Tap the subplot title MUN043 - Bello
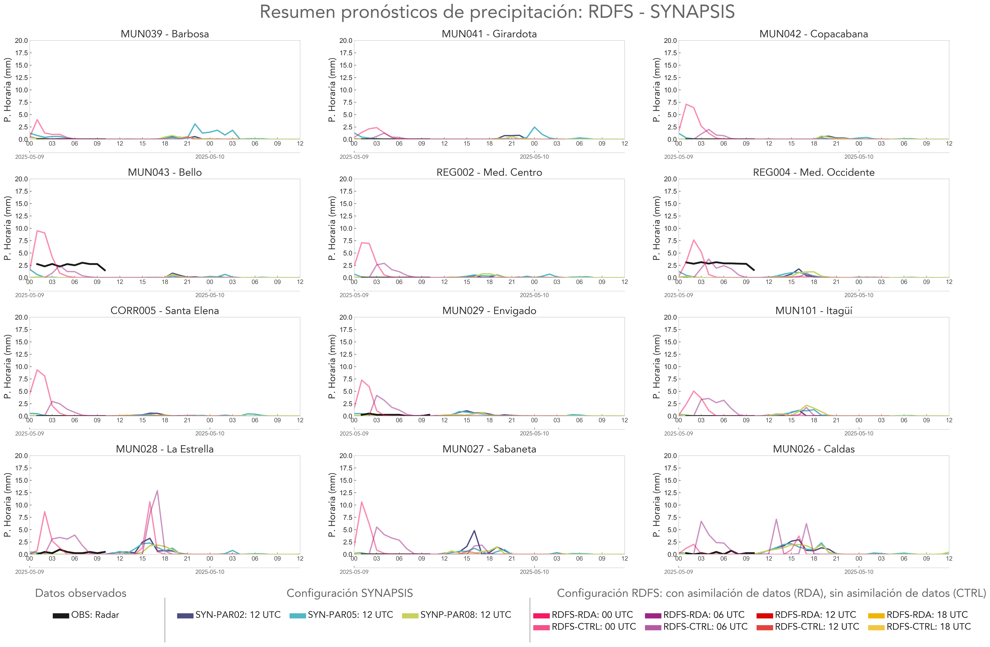(x=165, y=172)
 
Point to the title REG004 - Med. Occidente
(x=814, y=172)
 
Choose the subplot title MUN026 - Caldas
(x=814, y=449)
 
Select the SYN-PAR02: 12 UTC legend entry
(x=229, y=615)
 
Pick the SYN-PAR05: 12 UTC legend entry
(x=341, y=615)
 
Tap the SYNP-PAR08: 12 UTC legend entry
(x=456, y=615)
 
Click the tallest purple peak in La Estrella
(x=157, y=491)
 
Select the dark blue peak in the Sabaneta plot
(x=474, y=530)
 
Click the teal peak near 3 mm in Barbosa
(x=195, y=124)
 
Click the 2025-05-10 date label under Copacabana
(x=859, y=157)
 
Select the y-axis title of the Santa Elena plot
(x=7, y=367)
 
